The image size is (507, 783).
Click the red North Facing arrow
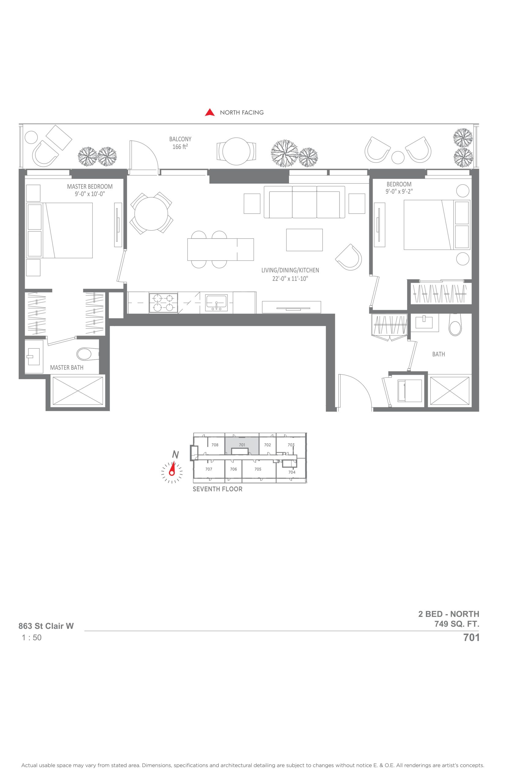click(210, 113)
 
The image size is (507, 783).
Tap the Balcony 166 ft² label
click(180, 143)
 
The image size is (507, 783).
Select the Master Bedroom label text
click(90, 187)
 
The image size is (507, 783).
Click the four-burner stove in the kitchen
click(163, 303)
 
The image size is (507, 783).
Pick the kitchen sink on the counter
click(216, 303)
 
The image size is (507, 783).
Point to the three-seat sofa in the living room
click(304, 202)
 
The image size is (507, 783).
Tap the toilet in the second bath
click(455, 325)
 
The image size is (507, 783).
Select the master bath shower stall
click(78, 391)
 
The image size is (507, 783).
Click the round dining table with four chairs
click(152, 213)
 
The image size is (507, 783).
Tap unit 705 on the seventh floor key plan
click(258, 469)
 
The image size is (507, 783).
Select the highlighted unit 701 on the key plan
click(242, 445)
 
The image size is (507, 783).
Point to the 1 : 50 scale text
click(32, 638)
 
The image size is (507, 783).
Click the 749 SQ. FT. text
click(456, 624)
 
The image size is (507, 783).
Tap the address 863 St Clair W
click(46, 626)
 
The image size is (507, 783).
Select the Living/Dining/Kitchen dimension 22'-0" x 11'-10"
click(290, 279)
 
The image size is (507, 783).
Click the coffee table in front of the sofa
click(304, 240)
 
